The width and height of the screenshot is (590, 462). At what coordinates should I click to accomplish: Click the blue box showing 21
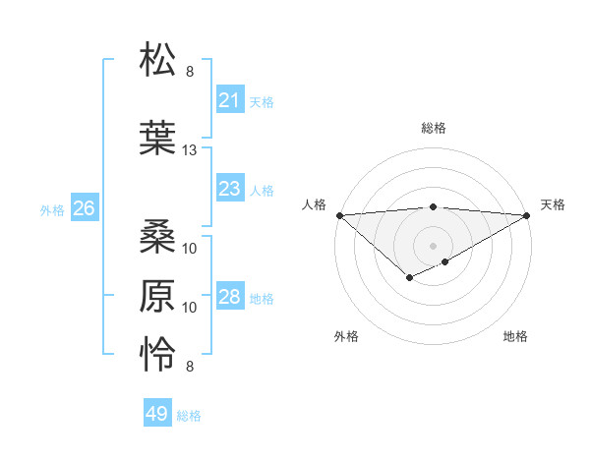tap(229, 100)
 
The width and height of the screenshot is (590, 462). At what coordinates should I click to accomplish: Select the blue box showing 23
tap(229, 189)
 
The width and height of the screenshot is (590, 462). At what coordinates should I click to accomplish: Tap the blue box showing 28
tap(229, 297)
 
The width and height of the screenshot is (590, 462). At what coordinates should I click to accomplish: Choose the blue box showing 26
tap(84, 208)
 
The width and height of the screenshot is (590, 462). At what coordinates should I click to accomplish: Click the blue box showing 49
tap(157, 414)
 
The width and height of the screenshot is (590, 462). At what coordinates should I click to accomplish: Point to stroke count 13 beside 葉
tap(190, 149)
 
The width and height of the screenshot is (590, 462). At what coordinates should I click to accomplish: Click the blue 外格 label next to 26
tap(52, 209)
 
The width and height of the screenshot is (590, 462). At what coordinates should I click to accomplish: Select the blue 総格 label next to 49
tap(189, 416)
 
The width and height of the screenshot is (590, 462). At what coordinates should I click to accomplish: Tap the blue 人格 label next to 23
tap(262, 190)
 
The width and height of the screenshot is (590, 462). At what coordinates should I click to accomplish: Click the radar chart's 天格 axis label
tap(553, 204)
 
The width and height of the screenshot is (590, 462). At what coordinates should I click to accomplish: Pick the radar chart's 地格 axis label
tap(515, 336)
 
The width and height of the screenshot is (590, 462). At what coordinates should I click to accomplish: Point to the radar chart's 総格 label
tap(433, 128)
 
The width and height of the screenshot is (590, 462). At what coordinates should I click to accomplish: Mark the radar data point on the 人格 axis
tap(339, 215)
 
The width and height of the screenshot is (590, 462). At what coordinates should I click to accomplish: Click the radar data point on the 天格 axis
tap(527, 215)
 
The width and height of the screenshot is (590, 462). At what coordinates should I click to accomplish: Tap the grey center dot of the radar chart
tap(433, 245)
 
